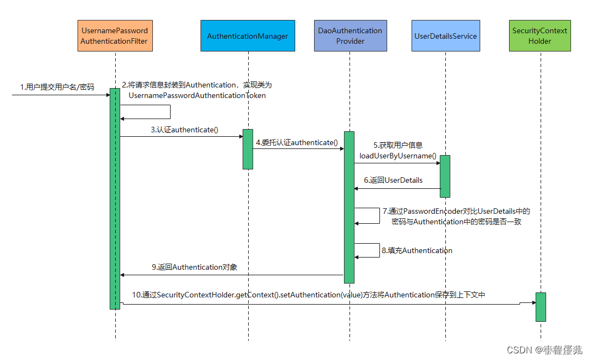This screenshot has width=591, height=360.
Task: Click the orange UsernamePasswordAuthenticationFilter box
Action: tap(115, 36)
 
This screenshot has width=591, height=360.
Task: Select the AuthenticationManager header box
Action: tap(248, 36)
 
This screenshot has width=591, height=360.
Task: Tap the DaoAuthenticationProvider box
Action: tap(350, 36)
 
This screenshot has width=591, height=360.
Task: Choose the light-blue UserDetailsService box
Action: tap(445, 36)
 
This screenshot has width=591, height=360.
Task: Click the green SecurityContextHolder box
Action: tap(539, 36)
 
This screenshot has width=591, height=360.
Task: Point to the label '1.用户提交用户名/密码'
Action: tap(57, 87)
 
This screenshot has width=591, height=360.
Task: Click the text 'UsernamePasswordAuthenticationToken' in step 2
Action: tap(197, 95)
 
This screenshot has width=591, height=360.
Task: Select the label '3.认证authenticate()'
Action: tap(184, 130)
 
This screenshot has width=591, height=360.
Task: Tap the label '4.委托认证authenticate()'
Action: tap(296, 142)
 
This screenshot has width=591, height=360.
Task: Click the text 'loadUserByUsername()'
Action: tap(398, 156)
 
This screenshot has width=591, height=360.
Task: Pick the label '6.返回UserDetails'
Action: tap(393, 180)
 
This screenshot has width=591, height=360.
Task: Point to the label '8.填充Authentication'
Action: tap(417, 250)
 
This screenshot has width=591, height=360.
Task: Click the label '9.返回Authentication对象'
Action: tap(194, 267)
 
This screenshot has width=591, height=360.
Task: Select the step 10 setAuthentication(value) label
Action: tap(309, 295)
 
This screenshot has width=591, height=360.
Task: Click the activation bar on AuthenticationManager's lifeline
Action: tap(248, 149)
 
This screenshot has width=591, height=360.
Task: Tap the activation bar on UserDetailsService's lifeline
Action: tap(445, 176)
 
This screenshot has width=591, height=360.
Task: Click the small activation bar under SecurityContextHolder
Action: tap(541, 307)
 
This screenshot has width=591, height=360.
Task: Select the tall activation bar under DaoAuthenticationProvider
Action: tap(349, 207)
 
